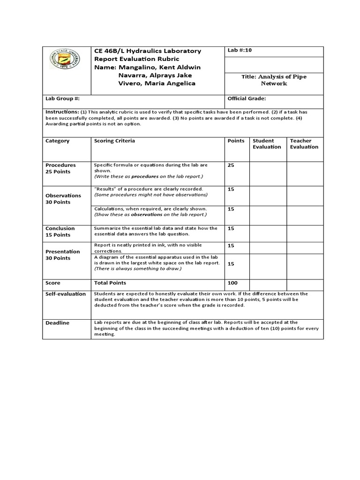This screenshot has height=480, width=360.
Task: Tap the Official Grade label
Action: (x=247, y=99)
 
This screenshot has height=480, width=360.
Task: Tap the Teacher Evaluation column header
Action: (x=304, y=144)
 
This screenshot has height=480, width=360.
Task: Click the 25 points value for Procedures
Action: (x=231, y=165)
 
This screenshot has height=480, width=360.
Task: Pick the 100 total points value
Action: (x=232, y=283)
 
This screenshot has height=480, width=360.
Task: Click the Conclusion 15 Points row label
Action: (x=60, y=232)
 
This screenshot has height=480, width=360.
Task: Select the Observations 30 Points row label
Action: (x=63, y=199)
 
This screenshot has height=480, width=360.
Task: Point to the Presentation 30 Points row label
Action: (x=62, y=255)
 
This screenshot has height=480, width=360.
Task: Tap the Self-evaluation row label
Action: (x=65, y=294)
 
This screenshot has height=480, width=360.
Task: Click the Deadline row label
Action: (x=57, y=323)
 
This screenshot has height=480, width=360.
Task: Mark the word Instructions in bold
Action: (x=62, y=112)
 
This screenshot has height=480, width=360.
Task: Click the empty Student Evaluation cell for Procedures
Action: (x=268, y=173)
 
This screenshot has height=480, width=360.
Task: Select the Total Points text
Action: (x=110, y=283)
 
